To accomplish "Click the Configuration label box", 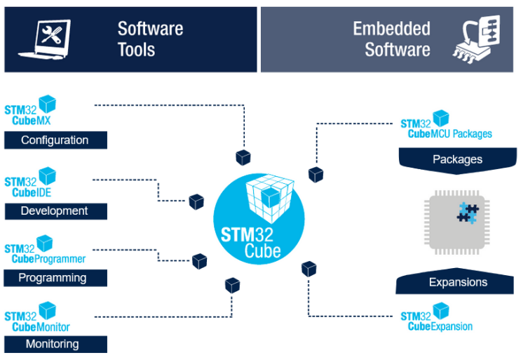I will (55, 140).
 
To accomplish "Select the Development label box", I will (55, 211).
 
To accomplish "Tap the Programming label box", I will (55, 278).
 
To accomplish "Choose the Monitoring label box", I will (55, 344).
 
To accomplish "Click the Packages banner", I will (457, 159).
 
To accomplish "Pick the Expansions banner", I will (457, 282).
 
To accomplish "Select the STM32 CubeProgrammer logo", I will (44, 251).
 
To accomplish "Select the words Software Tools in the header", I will (150, 39).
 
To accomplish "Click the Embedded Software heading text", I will (391, 39).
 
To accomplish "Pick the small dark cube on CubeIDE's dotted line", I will (196, 201).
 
